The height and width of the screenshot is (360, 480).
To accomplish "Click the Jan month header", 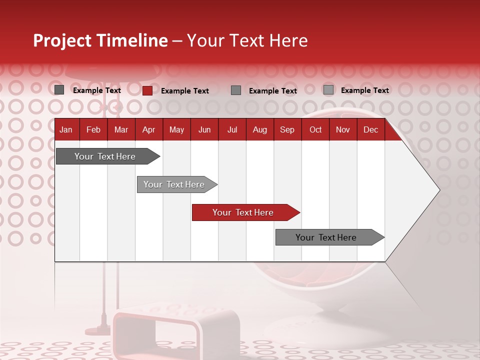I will coord(66,130).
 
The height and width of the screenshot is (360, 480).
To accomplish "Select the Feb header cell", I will coord(93,130).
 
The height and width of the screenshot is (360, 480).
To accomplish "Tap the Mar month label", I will coord(121,130).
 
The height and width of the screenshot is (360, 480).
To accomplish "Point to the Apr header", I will coord(148,130).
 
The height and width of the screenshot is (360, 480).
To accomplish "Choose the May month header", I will coord(176,130).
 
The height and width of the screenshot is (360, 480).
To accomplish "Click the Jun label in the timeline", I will coord(204,130).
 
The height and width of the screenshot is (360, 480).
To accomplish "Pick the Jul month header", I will coord(232,130).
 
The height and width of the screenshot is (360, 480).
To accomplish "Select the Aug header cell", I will coord(260,130).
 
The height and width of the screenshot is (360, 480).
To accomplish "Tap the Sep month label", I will coord(287,130).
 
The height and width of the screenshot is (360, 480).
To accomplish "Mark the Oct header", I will coord(315,130).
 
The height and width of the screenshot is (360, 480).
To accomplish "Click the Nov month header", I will coord(343,130).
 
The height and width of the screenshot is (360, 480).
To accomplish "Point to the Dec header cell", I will coord(370,130).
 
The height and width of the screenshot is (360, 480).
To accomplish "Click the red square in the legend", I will coord(147,90).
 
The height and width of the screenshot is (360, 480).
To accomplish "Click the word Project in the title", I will coord(62,41).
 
